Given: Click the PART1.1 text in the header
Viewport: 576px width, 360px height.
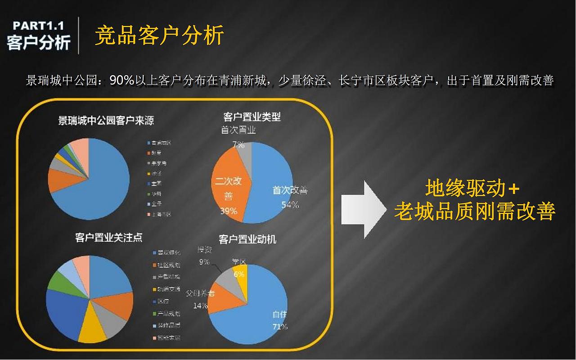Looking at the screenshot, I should (x=38, y=26).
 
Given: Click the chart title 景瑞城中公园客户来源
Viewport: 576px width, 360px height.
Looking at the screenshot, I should (x=106, y=121).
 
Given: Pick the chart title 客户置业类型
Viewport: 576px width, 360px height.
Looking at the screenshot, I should (x=252, y=117).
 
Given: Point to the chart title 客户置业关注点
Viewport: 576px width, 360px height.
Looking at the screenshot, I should (x=109, y=237).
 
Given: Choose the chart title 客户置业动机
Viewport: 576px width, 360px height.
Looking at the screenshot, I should (x=247, y=239).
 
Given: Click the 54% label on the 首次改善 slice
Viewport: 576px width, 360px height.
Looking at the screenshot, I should (x=290, y=205).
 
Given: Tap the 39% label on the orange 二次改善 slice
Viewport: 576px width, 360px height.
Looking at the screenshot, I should (x=229, y=211).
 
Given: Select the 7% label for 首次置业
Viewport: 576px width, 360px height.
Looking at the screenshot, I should (x=238, y=145).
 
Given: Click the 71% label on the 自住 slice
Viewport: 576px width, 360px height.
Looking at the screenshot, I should (x=280, y=327).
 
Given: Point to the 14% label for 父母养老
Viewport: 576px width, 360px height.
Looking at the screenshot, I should (x=201, y=306).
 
